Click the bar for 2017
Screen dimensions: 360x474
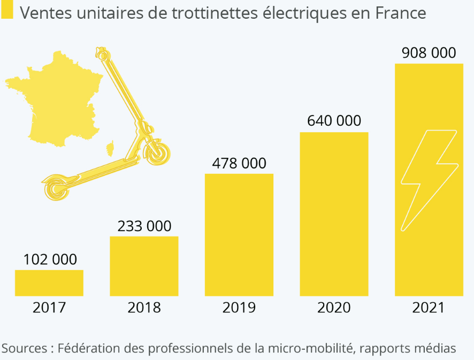point(49,282)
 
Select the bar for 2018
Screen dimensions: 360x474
point(144,266)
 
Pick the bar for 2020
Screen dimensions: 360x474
point(334,213)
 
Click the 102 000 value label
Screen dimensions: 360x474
point(50,260)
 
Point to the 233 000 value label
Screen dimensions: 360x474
point(144,226)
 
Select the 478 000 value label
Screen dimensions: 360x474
point(239,164)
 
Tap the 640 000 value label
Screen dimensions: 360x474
point(334,121)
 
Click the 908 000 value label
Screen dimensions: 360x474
point(429,52)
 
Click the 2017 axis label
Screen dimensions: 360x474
point(49,308)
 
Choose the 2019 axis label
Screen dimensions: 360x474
point(239,308)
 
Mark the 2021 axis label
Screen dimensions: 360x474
point(429,308)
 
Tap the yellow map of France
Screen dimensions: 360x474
point(59,102)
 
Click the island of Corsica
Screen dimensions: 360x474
point(111,148)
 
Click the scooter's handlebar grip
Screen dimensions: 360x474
point(102,53)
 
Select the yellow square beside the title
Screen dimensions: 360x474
point(7,12)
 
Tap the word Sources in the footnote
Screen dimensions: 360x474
point(25,348)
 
